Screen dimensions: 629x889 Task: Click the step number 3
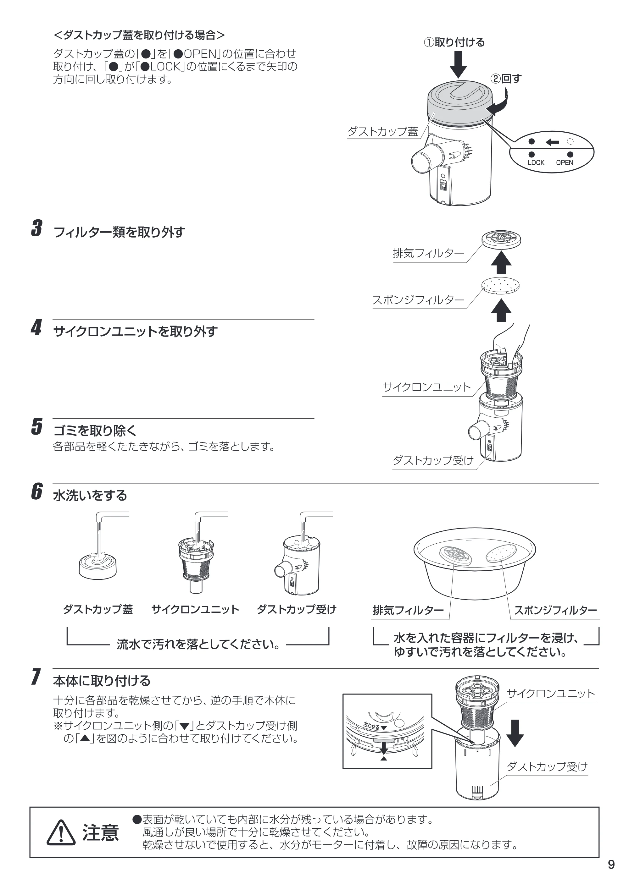(x=37, y=228)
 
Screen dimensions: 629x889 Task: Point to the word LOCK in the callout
(x=536, y=163)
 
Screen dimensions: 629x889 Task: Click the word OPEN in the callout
(x=565, y=163)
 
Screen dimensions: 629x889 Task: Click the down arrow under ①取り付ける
(x=458, y=65)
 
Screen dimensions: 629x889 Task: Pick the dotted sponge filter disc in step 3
(x=501, y=287)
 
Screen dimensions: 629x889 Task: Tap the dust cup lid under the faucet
(x=98, y=566)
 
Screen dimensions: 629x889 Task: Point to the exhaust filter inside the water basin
(x=455, y=556)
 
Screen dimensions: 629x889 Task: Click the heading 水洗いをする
(x=90, y=496)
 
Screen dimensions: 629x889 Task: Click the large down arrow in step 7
(x=515, y=733)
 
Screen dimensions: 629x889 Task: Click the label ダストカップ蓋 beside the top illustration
(x=383, y=132)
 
